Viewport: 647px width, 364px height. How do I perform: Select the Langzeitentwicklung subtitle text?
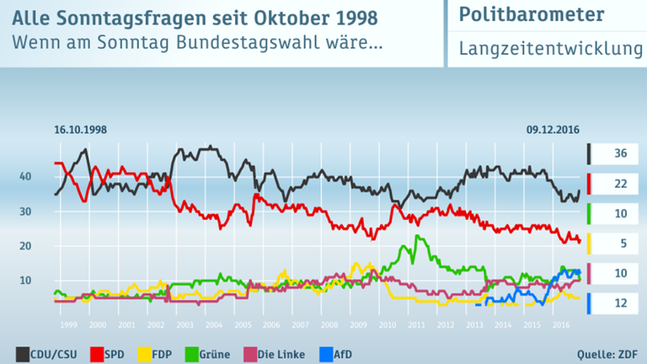551,50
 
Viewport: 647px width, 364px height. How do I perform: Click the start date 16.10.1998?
81,129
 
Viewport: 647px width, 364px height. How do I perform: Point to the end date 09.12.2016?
554,129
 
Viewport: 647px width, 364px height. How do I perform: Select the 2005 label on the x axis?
243,324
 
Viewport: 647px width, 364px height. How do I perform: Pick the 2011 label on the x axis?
417,324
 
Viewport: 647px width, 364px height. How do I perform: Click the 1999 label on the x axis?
68,324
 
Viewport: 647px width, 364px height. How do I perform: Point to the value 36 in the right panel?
619,154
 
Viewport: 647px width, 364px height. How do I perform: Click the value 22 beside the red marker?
619,185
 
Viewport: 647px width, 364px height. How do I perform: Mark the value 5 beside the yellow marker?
619,244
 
